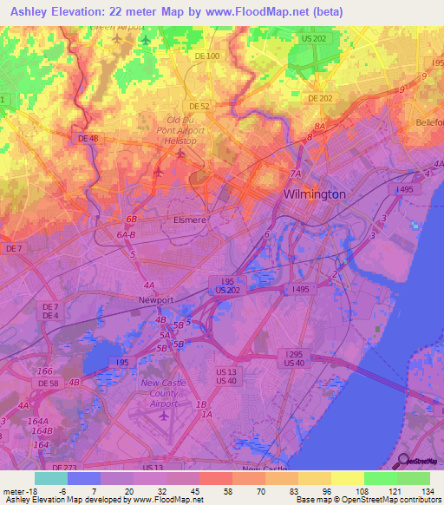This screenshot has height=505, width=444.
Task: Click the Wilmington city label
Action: click(314, 194)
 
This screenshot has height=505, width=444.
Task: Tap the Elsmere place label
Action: click(190, 220)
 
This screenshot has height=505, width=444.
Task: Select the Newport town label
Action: click(156, 299)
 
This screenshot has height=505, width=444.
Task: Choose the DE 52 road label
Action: click(200, 105)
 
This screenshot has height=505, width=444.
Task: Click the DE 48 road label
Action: click(88, 138)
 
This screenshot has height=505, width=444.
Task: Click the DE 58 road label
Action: click(48, 383)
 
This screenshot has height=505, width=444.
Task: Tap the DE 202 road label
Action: click(320, 98)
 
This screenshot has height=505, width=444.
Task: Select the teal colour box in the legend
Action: click(51, 478)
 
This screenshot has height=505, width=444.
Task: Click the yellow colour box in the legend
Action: click(348, 478)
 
